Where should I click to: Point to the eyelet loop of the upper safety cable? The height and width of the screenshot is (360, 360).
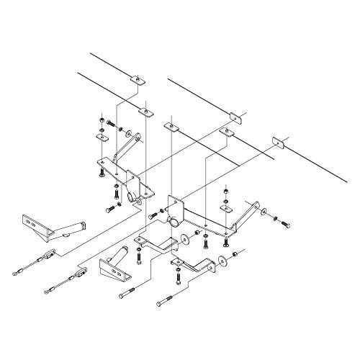pyautogui.click(x=17, y=272)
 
